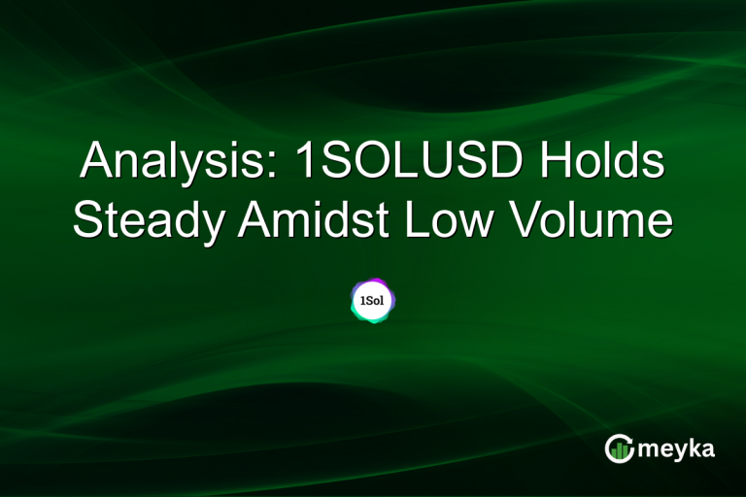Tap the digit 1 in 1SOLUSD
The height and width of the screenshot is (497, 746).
pyautogui.click(x=303, y=161)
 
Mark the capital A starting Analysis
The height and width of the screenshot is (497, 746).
pyautogui.click(x=95, y=161)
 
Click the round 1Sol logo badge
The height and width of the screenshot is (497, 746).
pyautogui.click(x=373, y=301)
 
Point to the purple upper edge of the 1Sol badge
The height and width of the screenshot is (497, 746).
pyautogui.click(x=374, y=282)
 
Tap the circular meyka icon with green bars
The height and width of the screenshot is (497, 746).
pyautogui.click(x=619, y=448)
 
